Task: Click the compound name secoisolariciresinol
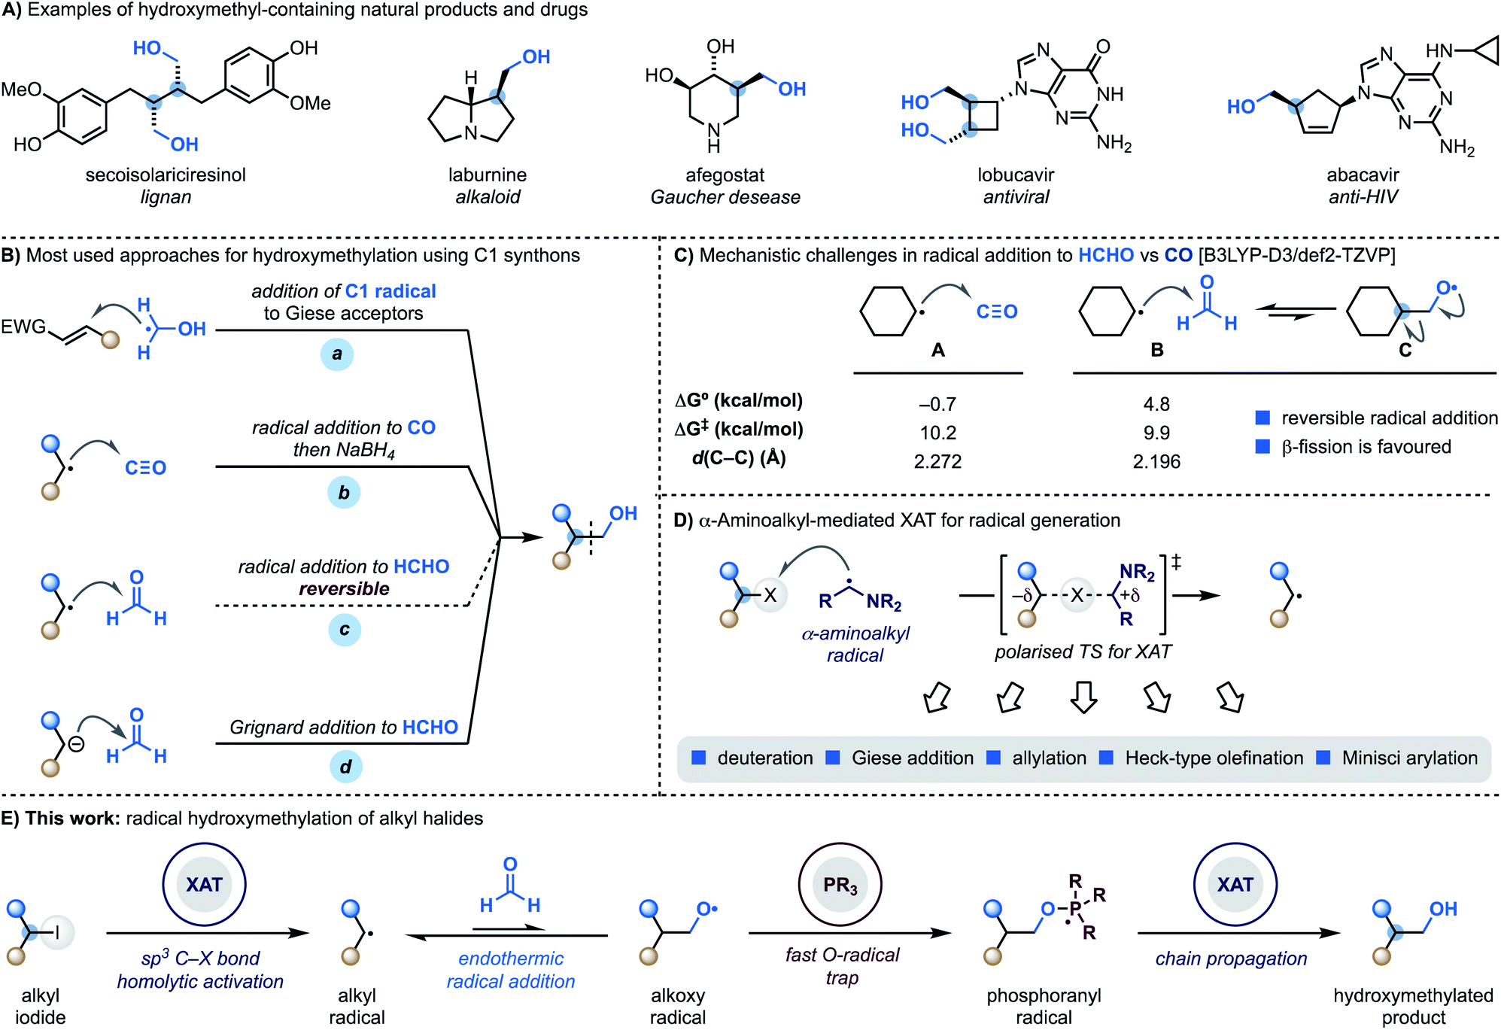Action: [x=166, y=175]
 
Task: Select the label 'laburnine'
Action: [x=488, y=175]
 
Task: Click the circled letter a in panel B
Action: [x=337, y=354]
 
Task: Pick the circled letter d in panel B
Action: [x=345, y=767]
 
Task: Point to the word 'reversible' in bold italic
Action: [x=344, y=588]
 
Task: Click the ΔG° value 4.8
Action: [x=1156, y=404]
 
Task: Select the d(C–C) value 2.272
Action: [x=937, y=461]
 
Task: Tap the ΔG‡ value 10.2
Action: [x=937, y=433]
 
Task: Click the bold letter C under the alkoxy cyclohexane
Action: [x=1405, y=350]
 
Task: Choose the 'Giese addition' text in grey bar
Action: [x=912, y=758]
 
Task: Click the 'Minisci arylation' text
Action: [x=1409, y=758]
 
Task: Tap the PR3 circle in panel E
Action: [x=840, y=885]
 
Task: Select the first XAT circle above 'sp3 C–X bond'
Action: [x=204, y=885]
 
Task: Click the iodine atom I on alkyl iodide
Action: [x=57, y=933]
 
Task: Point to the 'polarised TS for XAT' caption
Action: [x=1083, y=652]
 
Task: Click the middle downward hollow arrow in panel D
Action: [x=1083, y=697]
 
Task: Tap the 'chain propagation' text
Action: [x=1231, y=959]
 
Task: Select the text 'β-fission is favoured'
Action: [x=1366, y=447]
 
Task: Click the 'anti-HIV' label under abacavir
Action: [x=1363, y=197]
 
